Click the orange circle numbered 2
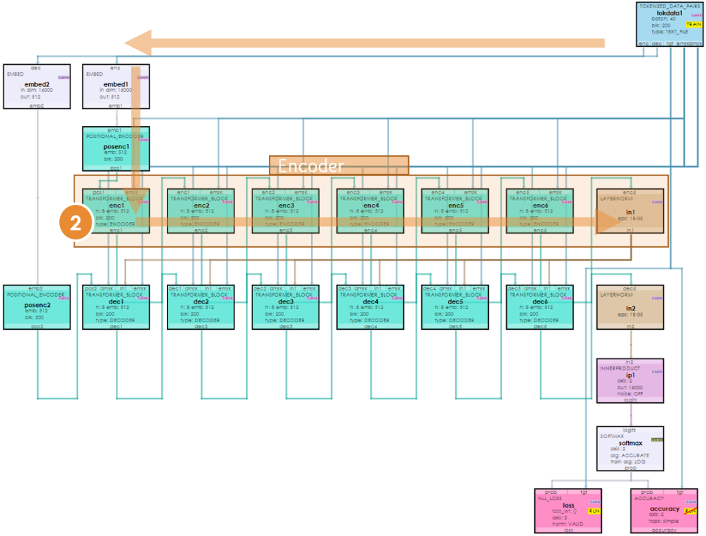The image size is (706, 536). pyautogui.click(x=76, y=223)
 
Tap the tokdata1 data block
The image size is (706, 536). pyautogui.click(x=669, y=24)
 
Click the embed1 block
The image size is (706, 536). pyautogui.click(x=116, y=86)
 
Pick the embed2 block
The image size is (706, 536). pyautogui.click(x=37, y=86)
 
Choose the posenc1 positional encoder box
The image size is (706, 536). pyautogui.click(x=116, y=148)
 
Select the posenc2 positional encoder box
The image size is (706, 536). pyautogui.click(x=37, y=306)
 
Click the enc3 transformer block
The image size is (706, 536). pyautogui.click(x=284, y=211)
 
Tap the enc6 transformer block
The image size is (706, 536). pyautogui.click(x=539, y=211)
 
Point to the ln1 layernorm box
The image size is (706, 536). pyautogui.click(x=630, y=211)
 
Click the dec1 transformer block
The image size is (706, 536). pyautogui.click(x=116, y=306)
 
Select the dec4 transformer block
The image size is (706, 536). pyautogui.click(x=370, y=306)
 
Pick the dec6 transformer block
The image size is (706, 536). pyautogui.click(x=539, y=306)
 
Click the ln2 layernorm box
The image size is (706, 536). pyautogui.click(x=630, y=306)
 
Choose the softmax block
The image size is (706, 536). pyautogui.click(x=630, y=448)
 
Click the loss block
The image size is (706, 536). pyautogui.click(x=569, y=510)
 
